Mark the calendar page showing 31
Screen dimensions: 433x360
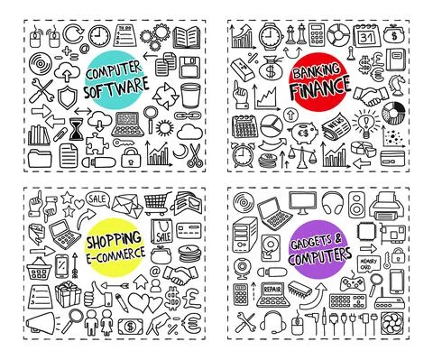point(368,38)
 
